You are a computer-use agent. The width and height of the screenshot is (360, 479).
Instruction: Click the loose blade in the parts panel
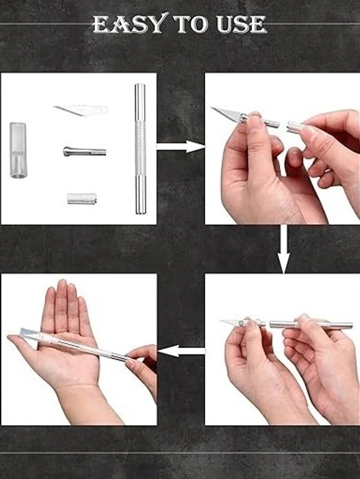coord(80,110)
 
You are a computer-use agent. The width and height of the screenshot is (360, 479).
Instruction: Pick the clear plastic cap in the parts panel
coord(18,150)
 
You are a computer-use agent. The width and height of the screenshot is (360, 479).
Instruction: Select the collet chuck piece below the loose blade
coord(85,151)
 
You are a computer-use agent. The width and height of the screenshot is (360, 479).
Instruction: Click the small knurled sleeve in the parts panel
coord(82,198)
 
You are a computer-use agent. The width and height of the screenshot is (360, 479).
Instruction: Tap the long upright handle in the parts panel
coord(140,149)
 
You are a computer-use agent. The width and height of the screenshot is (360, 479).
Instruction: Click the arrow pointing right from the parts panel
coord(181,147)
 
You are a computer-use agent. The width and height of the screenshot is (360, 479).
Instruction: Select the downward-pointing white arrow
coord(284,249)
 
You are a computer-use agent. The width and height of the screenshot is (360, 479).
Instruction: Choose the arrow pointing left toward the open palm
coord(181,351)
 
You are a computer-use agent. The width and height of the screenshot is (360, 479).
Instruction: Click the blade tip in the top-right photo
coord(211,107)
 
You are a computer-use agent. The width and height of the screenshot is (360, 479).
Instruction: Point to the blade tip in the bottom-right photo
coord(221,321)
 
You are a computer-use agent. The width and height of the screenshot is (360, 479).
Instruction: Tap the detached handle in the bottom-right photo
coord(311,324)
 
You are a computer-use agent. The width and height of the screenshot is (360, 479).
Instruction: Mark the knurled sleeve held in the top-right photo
coord(295,126)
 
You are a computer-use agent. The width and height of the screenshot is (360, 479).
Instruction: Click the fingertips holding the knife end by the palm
coord(134,357)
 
